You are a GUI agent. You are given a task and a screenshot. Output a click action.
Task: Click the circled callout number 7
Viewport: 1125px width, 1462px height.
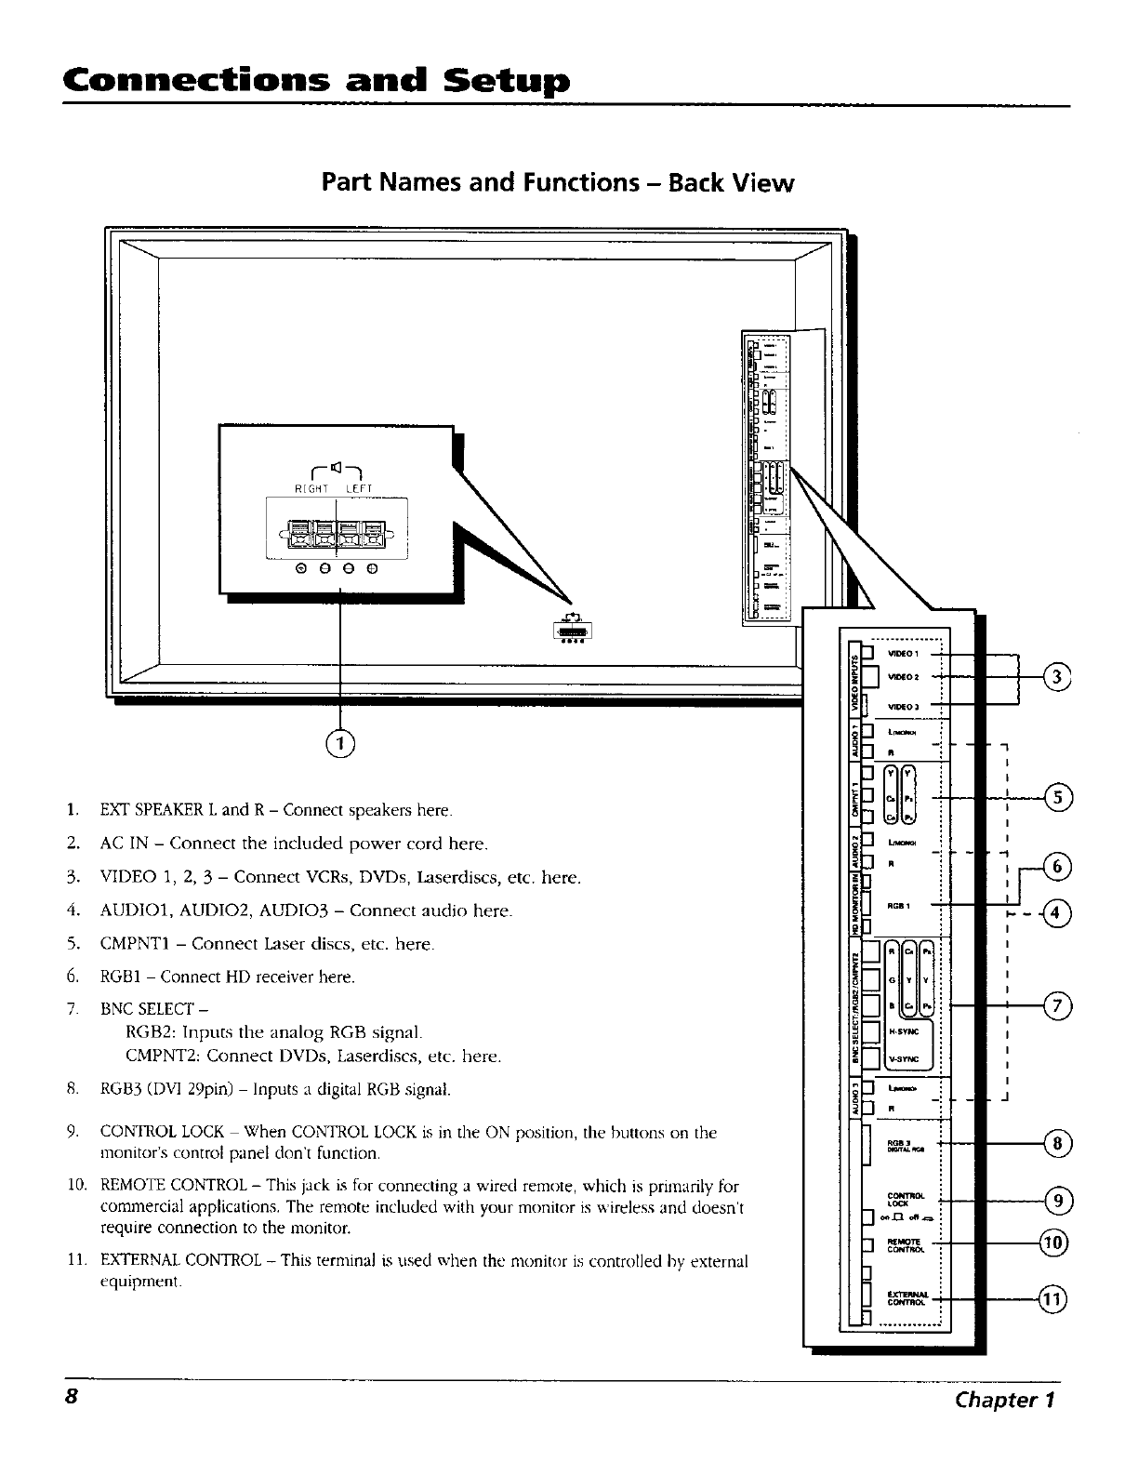1059,1005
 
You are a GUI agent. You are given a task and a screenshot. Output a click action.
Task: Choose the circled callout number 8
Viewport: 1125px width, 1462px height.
1059,1143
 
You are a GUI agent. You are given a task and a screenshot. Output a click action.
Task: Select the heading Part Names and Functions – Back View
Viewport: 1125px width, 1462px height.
557,182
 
